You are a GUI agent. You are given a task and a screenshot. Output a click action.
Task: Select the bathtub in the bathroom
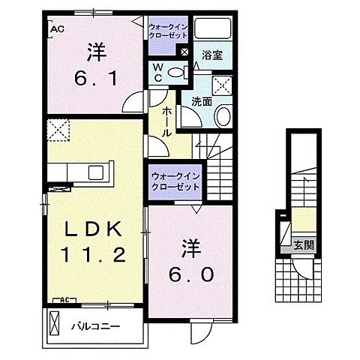tap(218, 29)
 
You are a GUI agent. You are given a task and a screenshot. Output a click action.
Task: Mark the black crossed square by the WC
tap(184, 52)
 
